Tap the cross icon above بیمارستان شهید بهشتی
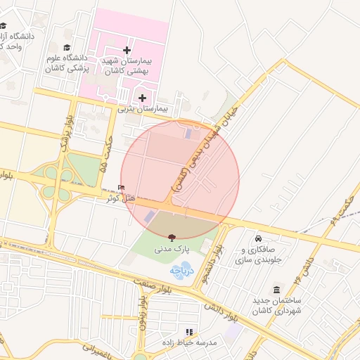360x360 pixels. tap(127, 50)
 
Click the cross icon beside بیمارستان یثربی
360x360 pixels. tap(143, 98)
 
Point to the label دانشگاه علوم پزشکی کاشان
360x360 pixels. tap(66, 63)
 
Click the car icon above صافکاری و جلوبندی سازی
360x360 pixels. tap(258, 238)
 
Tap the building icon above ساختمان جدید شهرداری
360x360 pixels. tap(276, 290)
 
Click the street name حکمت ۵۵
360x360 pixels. tap(108, 154)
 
